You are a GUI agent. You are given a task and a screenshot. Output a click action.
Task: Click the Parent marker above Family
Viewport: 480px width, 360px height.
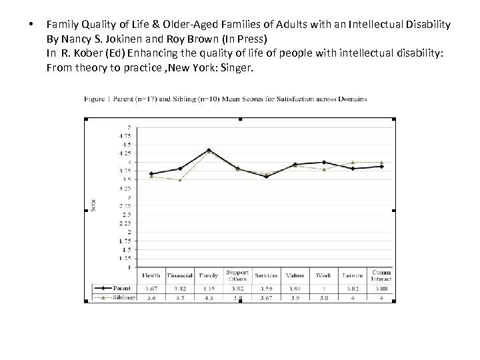pos(209,150)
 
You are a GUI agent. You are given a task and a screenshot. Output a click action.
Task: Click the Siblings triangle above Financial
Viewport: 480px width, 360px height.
pos(180,180)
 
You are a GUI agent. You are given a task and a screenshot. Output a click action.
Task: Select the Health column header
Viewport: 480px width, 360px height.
pos(151,275)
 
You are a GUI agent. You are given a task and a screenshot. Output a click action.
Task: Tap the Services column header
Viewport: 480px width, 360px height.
pos(266,275)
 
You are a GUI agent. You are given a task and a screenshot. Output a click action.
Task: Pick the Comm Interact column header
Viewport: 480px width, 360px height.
pos(381,275)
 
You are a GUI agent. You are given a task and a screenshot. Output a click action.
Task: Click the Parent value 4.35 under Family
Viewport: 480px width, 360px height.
pos(209,288)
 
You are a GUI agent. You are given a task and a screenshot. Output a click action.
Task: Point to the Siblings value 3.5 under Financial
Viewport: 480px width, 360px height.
pos(180,297)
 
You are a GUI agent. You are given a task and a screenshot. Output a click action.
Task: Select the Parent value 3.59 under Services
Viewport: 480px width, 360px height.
pos(266,288)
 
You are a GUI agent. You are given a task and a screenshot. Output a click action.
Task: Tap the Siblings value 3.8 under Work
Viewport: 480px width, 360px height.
pos(323,297)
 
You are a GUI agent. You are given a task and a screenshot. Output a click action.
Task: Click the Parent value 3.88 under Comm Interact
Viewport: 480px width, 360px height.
pos(381,288)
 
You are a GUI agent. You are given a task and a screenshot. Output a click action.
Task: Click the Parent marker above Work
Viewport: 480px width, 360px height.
pos(323,162)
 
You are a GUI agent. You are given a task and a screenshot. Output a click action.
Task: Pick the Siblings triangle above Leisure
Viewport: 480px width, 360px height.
pos(352,162)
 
